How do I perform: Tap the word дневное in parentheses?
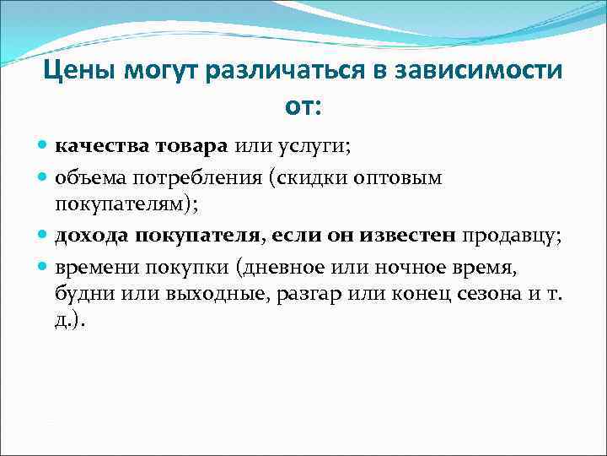coord(284,267)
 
